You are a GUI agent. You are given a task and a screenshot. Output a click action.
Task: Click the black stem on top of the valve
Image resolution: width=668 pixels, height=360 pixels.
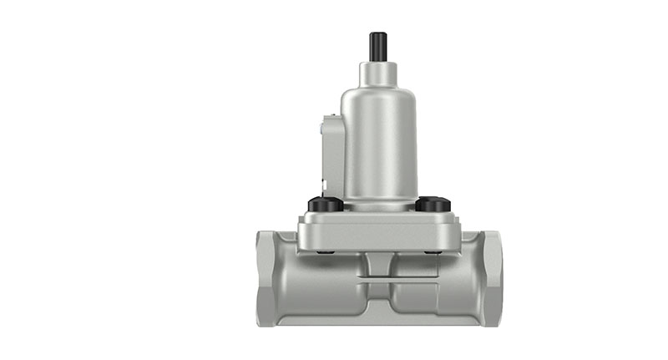tap(377, 47)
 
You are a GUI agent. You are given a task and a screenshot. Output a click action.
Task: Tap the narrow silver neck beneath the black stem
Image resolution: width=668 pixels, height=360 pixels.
tap(377, 72)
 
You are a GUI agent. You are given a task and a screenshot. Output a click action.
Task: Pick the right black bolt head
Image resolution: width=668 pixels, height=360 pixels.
tap(432, 203)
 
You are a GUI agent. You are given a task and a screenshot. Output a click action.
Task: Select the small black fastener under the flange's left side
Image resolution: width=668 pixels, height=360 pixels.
tap(327, 251)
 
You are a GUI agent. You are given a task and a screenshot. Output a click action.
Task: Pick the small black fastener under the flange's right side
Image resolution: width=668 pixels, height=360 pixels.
tap(430, 251)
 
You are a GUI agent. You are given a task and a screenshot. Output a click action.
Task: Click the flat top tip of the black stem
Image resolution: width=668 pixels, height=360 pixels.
tap(377, 33)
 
